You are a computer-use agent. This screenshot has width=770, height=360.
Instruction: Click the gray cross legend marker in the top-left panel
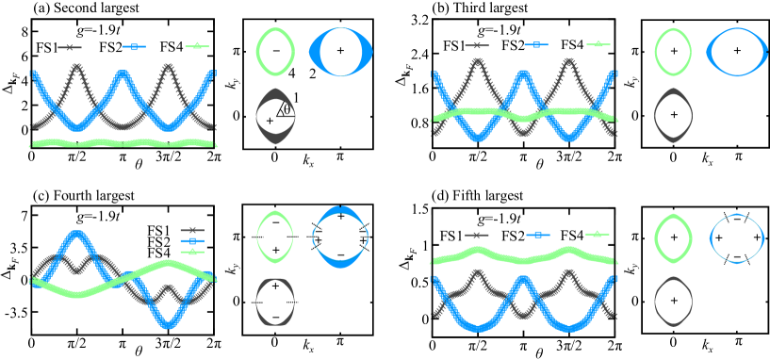(69, 47)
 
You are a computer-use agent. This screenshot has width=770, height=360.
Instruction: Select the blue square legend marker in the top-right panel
(536, 44)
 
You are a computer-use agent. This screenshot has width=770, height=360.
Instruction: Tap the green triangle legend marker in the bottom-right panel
(597, 233)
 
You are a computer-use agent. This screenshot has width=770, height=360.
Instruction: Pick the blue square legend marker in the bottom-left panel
(191, 241)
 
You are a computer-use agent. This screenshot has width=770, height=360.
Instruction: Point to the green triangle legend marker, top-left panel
(196, 45)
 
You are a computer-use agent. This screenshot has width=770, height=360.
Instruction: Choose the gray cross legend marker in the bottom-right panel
(476, 235)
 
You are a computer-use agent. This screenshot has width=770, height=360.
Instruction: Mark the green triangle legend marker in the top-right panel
(598, 43)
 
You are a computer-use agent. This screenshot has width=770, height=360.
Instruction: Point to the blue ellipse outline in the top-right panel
(712, 52)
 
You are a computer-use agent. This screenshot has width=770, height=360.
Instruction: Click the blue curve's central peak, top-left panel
(123, 74)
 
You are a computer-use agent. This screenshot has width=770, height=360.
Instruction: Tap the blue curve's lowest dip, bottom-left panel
(169, 326)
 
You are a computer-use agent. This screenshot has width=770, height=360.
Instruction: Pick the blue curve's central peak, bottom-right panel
(523, 279)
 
